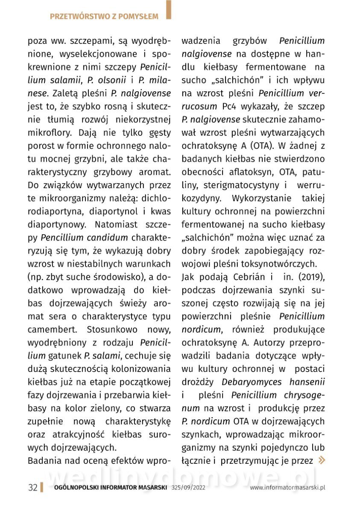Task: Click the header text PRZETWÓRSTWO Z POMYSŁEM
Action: click(x=104, y=17)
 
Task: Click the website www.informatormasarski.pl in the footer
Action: click(x=287, y=488)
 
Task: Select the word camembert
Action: click(x=53, y=329)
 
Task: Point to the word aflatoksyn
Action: click(x=249, y=172)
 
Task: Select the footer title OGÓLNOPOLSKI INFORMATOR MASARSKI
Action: click(x=111, y=488)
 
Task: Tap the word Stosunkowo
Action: click(x=112, y=329)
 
